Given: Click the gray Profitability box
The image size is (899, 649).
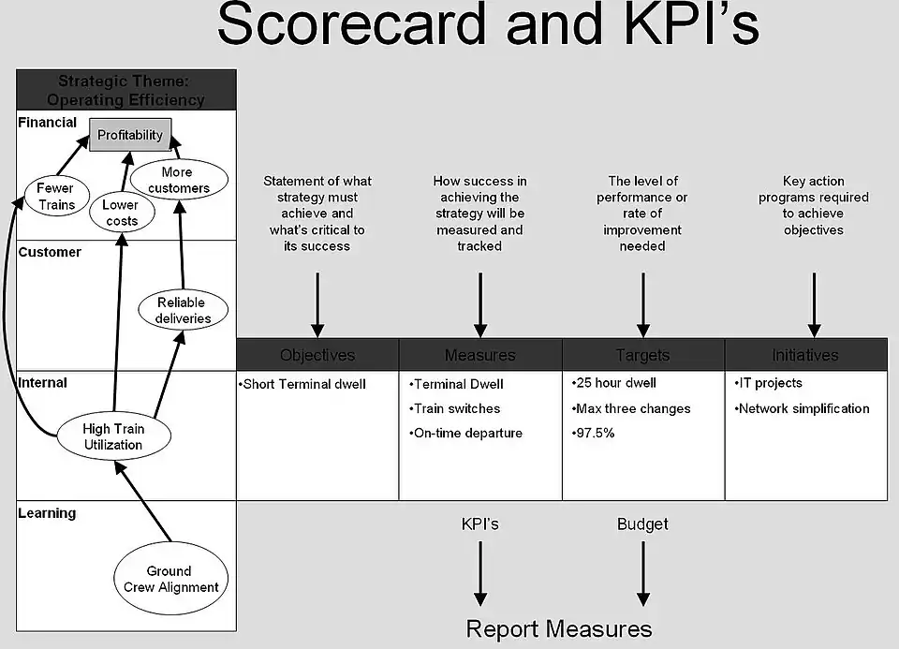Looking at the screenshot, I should [130, 135].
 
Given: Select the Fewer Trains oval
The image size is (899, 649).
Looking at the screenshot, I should [55, 196].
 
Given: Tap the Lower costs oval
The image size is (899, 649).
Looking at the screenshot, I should [121, 213].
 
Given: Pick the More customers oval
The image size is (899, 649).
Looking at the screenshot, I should [178, 180].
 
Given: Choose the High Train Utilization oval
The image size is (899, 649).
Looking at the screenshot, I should [112, 436].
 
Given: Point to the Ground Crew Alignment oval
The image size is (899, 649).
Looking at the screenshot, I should [170, 579].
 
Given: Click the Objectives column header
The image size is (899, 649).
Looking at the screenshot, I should [317, 355].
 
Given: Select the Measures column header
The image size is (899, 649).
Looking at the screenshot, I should [480, 355].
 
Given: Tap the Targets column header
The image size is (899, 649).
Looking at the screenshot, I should [643, 355].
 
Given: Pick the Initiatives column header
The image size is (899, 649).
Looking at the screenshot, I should [805, 355].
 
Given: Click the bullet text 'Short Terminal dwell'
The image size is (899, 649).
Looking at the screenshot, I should [303, 384].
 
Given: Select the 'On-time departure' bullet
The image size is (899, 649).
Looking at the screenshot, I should [467, 434].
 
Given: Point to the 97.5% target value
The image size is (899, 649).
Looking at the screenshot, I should [593, 434].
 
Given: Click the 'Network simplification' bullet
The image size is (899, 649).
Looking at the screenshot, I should [803, 408].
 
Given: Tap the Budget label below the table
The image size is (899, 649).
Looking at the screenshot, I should [642, 524].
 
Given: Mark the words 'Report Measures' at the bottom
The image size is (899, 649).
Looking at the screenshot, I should [559, 628].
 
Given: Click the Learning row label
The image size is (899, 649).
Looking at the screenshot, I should [47, 513].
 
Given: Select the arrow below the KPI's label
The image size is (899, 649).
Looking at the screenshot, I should [480, 573].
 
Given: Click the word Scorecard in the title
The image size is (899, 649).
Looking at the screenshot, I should [351, 26].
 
